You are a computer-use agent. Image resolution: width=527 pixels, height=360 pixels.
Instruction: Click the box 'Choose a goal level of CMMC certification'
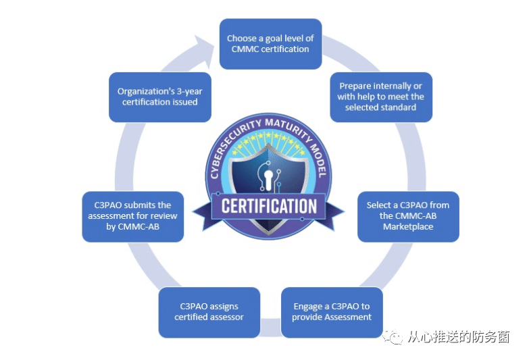click(270, 43)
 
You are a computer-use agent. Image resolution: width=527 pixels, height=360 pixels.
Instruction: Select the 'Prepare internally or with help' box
click(380, 97)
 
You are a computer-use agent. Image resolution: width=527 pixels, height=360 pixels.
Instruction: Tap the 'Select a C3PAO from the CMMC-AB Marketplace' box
click(407, 215)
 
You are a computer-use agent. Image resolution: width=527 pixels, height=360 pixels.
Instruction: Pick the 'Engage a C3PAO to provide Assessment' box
click(331, 312)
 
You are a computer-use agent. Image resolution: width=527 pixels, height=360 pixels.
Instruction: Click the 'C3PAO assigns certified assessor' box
click(209, 312)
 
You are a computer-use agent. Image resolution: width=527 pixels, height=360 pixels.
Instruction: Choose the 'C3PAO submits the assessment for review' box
click(133, 215)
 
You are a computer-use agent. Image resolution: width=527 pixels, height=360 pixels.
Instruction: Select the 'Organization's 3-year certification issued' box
click(159, 97)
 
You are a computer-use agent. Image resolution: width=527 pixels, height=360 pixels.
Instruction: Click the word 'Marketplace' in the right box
click(408, 226)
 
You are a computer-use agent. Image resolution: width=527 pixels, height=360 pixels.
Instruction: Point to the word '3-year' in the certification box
click(187, 91)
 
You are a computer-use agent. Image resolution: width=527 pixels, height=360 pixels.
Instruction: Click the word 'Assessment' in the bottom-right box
click(348, 317)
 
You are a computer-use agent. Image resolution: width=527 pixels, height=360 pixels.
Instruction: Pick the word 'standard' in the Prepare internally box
click(399, 107)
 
